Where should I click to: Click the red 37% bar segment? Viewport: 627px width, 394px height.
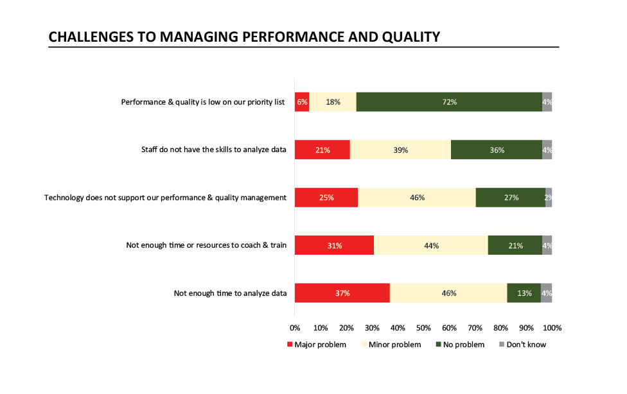click(x=342, y=293)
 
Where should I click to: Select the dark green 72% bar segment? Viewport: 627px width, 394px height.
click(x=449, y=102)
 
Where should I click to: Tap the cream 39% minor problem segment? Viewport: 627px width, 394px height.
click(x=400, y=150)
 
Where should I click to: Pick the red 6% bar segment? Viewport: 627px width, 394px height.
click(x=302, y=102)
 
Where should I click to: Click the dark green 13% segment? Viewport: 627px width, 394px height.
click(x=524, y=293)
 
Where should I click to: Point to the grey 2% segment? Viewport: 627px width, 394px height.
click(x=549, y=198)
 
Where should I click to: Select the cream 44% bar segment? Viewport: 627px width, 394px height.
click(x=430, y=246)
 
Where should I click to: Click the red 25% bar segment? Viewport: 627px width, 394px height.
click(x=326, y=198)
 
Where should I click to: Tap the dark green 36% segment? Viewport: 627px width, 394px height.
click(x=497, y=150)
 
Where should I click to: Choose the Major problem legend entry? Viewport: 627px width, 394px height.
click(x=316, y=345)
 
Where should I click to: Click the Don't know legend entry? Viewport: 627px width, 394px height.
click(x=522, y=345)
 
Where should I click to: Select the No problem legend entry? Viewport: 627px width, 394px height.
click(x=460, y=345)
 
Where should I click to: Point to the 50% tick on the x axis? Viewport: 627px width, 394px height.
click(x=423, y=328)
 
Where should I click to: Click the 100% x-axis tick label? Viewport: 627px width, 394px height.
click(x=552, y=328)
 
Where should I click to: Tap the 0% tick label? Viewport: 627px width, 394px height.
click(x=295, y=328)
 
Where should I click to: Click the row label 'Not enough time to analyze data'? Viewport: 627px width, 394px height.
click(x=230, y=293)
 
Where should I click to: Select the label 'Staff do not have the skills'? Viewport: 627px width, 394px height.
click(x=214, y=150)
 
